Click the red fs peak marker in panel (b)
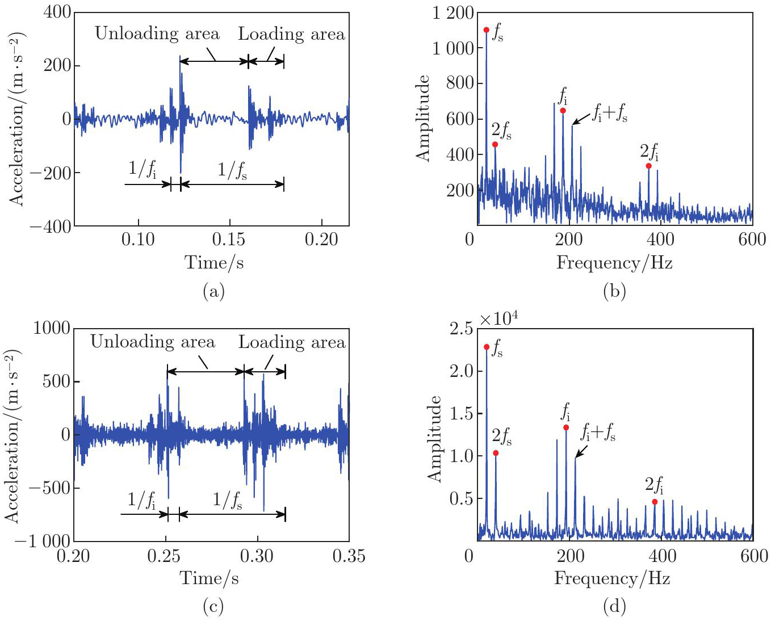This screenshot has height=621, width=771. tap(486, 30)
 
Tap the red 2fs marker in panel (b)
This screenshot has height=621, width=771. tap(495, 144)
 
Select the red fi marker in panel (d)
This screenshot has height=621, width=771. tap(566, 427)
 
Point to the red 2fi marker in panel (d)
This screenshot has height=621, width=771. tap(655, 502)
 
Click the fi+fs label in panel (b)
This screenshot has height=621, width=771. tap(610, 113)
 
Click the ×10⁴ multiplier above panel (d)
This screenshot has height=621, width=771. tap(498, 319)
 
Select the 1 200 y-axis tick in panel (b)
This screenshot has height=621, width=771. tap(453, 12)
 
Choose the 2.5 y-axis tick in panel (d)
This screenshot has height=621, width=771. tap(462, 329)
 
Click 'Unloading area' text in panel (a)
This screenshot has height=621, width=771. tap(157, 33)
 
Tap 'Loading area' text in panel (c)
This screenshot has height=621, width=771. tap(292, 342)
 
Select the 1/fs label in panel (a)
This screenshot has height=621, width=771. tap(232, 169)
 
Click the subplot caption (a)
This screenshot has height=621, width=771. tap(213, 292)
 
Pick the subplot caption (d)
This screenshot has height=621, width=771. tap(614, 607)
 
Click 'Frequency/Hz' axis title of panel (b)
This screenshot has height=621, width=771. tap(614, 263)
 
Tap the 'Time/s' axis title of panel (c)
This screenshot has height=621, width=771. tap(209, 578)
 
